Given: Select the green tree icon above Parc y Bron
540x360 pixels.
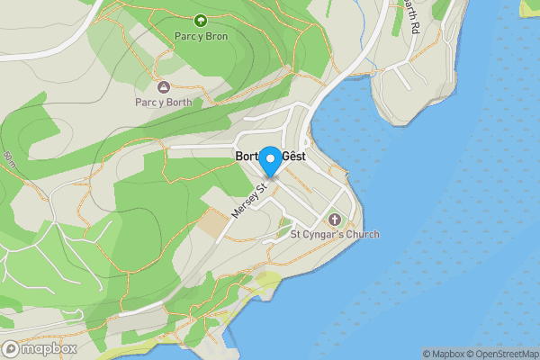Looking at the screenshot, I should [x=199, y=19].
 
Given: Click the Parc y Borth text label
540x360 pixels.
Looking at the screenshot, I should [x=164, y=102].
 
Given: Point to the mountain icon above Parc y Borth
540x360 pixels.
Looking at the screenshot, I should [x=164, y=86].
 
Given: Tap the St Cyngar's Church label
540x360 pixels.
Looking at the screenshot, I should [x=334, y=235].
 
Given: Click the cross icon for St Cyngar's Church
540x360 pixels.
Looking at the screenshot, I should [x=334, y=219].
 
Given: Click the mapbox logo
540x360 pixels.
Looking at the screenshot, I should [x=39, y=349].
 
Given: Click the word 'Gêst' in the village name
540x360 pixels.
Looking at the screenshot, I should [x=293, y=156].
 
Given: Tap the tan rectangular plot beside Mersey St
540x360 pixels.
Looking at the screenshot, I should [x=214, y=222].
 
